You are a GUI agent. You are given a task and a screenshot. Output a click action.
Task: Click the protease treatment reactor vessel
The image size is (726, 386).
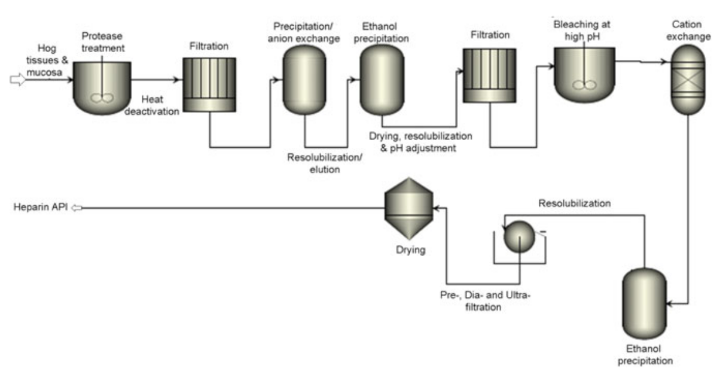pyautogui.click(x=102, y=88)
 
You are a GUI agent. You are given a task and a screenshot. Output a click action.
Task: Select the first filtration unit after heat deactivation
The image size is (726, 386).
pyautogui.click(x=209, y=84)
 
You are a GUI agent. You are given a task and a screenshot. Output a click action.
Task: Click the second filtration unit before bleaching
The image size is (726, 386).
pyautogui.click(x=489, y=75)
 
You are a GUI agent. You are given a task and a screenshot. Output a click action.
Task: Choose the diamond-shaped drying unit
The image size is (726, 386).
pyautogui.click(x=408, y=208)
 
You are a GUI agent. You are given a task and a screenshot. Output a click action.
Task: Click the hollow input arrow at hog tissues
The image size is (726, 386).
pyautogui.click(x=19, y=80)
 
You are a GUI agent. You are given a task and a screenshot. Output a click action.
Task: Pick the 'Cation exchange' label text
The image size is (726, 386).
pyautogui.click(x=690, y=31)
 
